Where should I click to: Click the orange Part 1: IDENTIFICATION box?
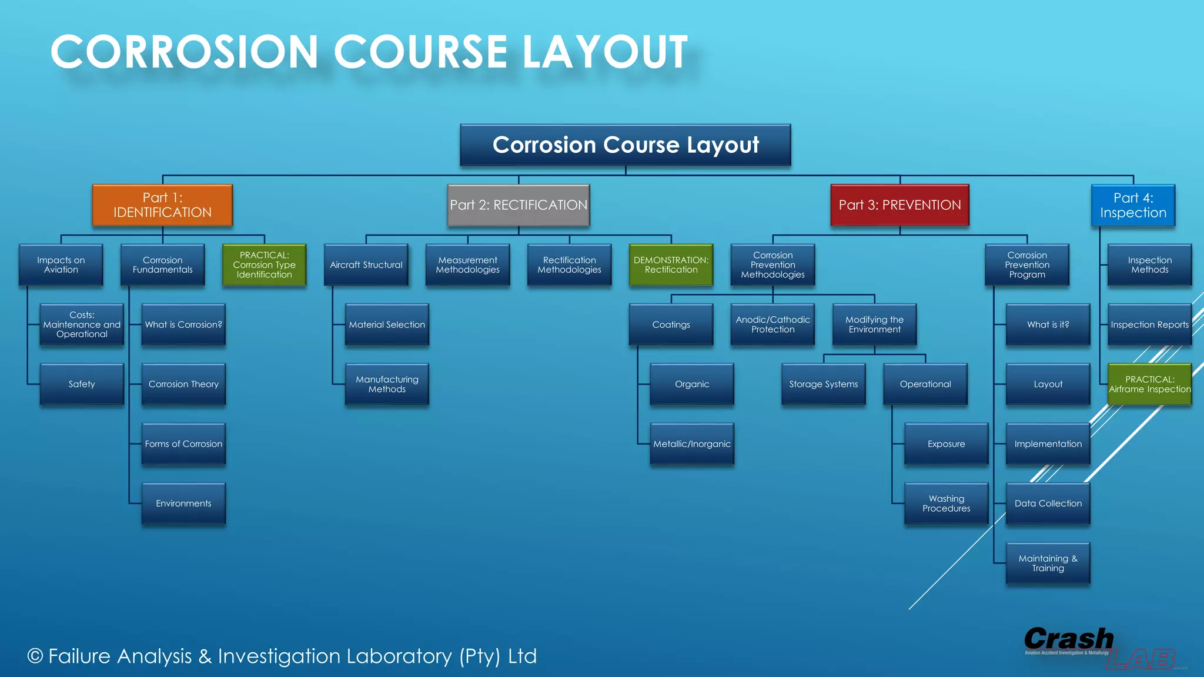point(162,205)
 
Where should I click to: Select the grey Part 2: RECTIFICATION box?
point(518,205)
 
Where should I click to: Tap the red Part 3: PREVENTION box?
point(899,205)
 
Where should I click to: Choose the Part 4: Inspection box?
point(1133,205)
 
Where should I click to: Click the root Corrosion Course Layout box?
point(625,145)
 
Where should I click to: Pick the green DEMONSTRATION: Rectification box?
point(671,265)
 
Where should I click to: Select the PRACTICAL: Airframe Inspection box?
point(1149,384)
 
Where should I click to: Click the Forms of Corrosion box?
point(183,444)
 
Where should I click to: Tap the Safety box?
point(82,384)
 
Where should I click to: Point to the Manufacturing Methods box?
point(387,384)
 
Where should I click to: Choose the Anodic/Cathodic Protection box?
point(772,324)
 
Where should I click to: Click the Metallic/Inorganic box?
point(692,444)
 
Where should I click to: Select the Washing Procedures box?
point(946,504)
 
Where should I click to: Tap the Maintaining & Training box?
point(1048,563)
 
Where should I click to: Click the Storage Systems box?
point(823,384)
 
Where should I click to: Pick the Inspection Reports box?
point(1149,324)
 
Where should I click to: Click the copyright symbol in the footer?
point(35,656)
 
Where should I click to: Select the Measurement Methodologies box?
point(467,265)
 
